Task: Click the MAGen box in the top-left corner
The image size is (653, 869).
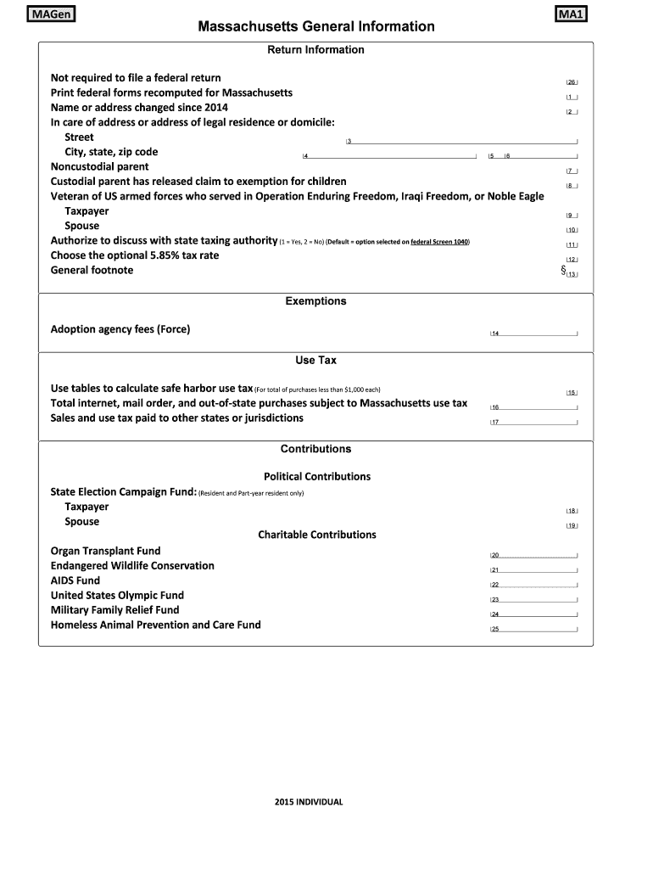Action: [x=50, y=14]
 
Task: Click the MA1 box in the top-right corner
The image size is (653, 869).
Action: [x=573, y=14]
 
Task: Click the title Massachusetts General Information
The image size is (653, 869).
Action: [x=316, y=27]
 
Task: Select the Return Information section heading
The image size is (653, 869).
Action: [x=315, y=50]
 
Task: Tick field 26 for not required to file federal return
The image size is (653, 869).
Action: [x=572, y=82]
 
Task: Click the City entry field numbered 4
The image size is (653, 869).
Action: [x=389, y=155]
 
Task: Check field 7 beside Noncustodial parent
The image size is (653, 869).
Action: [x=572, y=171]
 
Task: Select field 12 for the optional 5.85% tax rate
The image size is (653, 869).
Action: [x=572, y=259]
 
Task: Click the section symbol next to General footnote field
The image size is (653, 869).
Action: [x=562, y=271]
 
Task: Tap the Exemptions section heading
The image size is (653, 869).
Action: [x=315, y=301]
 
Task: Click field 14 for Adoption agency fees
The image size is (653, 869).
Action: [x=533, y=333]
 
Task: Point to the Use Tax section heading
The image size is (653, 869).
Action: [x=315, y=361]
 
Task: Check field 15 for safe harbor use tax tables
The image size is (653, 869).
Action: [x=572, y=392]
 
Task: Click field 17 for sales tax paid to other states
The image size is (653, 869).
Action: [x=533, y=422]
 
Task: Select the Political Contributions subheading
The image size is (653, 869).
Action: [x=317, y=477]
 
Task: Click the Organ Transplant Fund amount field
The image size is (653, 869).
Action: [x=533, y=554]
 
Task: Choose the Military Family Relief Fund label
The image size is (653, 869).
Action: [x=115, y=610]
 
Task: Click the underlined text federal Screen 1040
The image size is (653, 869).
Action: [x=439, y=242]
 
